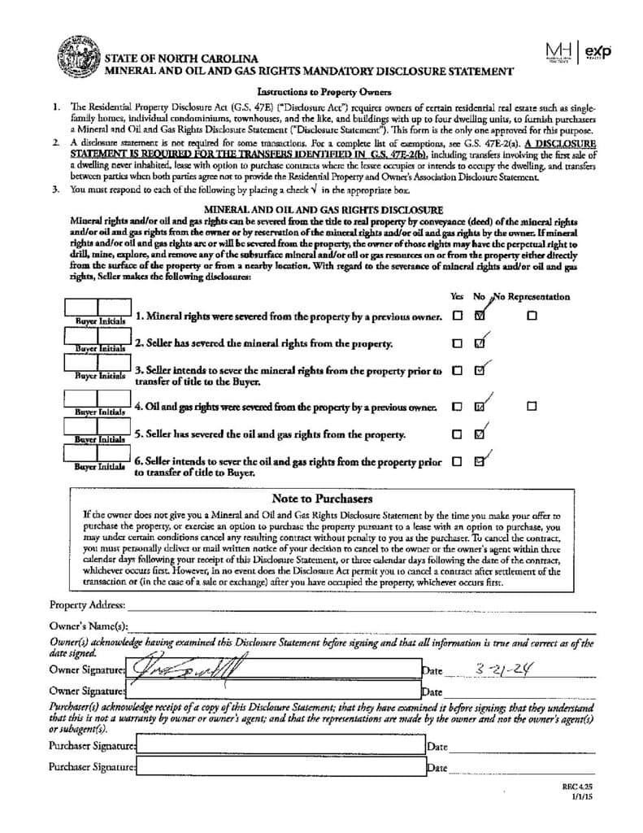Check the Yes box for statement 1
457,316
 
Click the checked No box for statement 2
480,342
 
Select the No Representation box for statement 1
531,316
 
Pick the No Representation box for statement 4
531,406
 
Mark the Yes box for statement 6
457,461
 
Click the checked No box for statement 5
480,434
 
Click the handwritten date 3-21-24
504,669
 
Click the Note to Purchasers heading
322,499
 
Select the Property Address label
87,605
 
